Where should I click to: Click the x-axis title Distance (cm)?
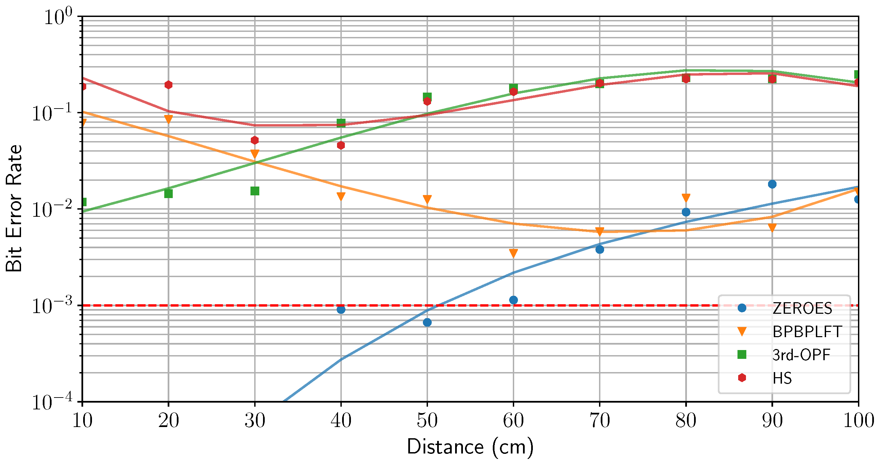[470, 447]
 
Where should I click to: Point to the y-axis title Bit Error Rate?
[14, 209]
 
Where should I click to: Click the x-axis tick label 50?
[427, 421]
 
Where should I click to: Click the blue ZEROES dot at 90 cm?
[772, 184]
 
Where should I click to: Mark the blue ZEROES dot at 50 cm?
[427, 322]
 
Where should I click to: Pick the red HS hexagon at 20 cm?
[168, 85]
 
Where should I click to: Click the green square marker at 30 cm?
[255, 191]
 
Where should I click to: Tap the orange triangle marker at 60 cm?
[513, 253]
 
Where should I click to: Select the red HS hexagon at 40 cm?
[341, 146]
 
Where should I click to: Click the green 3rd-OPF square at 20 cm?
[168, 194]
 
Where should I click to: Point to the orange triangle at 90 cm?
[772, 227]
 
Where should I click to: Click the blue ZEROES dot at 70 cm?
[600, 250]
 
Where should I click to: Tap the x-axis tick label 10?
[82, 421]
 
